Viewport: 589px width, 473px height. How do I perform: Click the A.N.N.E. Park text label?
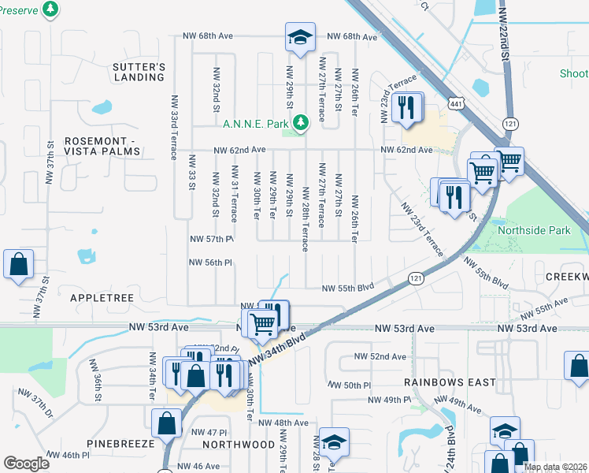(x=257, y=124)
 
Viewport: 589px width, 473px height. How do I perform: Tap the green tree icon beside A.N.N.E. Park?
(x=300, y=122)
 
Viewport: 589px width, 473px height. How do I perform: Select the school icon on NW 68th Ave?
(x=299, y=37)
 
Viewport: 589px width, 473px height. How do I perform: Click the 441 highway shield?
(x=455, y=80)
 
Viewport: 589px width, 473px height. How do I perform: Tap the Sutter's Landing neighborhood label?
(x=139, y=72)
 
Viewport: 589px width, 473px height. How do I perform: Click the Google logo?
(x=26, y=464)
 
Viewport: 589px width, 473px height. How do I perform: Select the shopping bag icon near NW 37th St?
(x=18, y=266)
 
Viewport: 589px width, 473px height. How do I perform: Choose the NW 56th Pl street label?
(x=211, y=263)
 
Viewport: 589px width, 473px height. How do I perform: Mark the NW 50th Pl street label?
(x=346, y=385)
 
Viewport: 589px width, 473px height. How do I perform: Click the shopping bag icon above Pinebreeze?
(x=168, y=423)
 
